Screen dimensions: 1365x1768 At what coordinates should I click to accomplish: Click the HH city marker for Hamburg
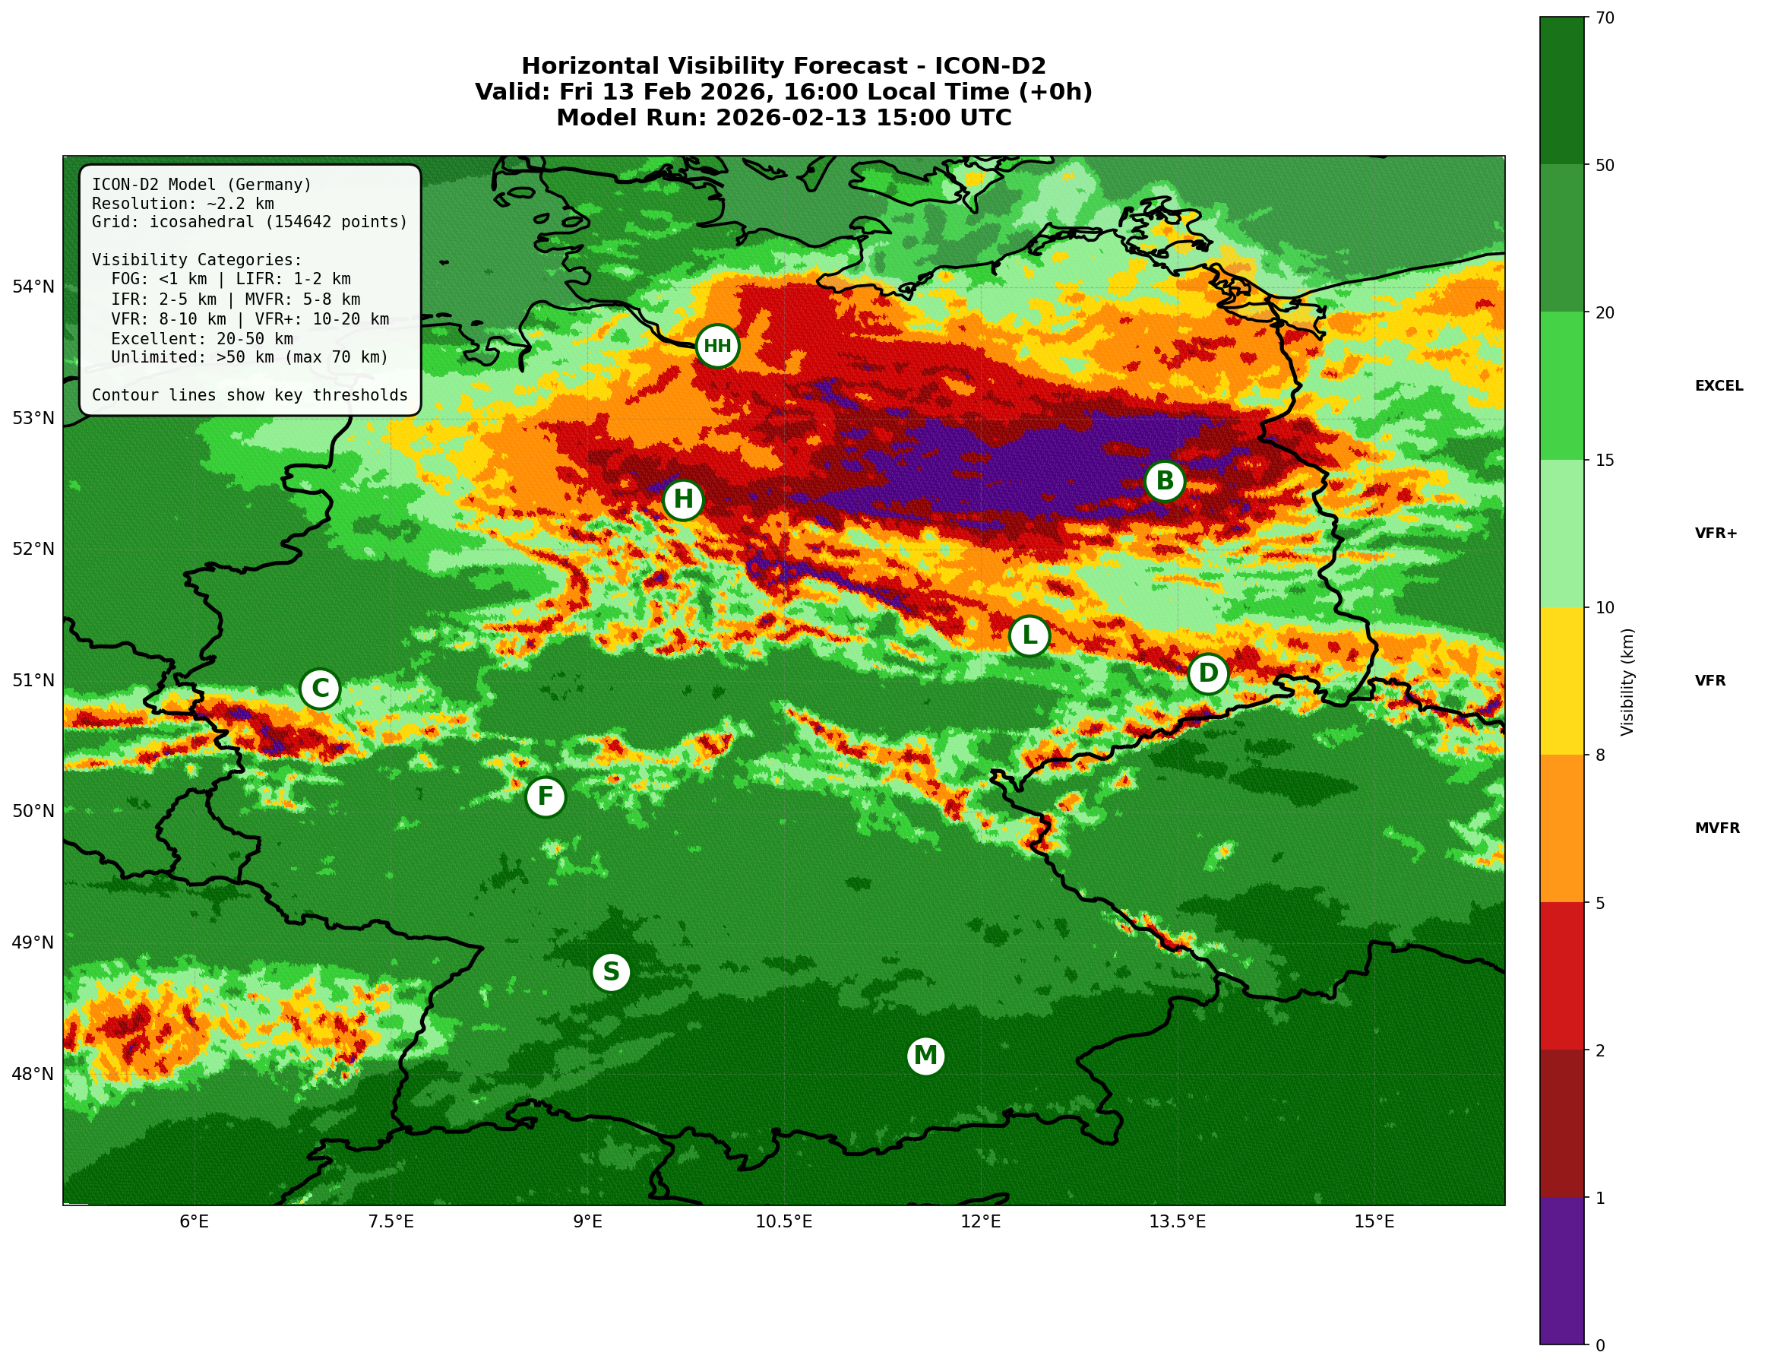click(x=717, y=346)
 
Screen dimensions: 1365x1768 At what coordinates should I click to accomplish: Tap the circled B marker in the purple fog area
click(x=1164, y=481)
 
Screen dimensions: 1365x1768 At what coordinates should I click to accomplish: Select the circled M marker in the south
click(x=925, y=1056)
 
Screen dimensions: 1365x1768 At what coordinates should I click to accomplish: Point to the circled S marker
click(x=611, y=971)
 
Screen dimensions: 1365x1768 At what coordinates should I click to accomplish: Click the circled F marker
click(x=546, y=797)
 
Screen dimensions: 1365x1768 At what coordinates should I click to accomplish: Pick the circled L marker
click(x=1029, y=635)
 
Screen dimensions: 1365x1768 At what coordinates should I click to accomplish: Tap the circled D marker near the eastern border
click(x=1207, y=673)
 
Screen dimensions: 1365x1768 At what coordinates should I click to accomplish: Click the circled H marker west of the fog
click(x=683, y=499)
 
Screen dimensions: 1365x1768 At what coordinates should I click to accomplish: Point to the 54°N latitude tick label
click(x=33, y=287)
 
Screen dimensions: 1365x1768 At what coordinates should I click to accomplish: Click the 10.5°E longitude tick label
click(x=783, y=1221)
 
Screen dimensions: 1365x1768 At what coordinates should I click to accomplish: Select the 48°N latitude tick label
click(x=33, y=1075)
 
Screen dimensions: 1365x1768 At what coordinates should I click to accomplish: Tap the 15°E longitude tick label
click(x=1374, y=1221)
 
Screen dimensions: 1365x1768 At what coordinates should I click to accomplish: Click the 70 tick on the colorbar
click(x=1605, y=17)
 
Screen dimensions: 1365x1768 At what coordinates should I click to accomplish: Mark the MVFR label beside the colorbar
click(x=1717, y=828)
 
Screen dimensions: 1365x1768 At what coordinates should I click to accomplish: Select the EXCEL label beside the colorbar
click(x=1719, y=386)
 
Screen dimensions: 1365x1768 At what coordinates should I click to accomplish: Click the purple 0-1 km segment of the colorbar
click(x=1561, y=1270)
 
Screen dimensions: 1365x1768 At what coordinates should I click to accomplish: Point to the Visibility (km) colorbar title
click(x=1627, y=682)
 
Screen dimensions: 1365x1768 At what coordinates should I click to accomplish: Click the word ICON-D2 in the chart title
click(x=989, y=66)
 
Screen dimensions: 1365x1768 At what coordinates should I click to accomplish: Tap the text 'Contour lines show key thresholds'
click(x=249, y=395)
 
